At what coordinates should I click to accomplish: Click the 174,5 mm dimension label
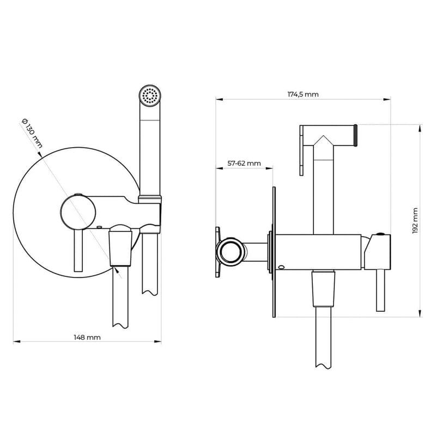pos(303,94)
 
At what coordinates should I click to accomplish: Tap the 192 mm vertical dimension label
pos(415,221)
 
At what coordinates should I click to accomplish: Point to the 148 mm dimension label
pos(87,337)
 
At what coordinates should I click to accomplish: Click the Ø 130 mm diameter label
pos(32,134)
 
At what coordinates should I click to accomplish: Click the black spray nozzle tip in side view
pos(355,136)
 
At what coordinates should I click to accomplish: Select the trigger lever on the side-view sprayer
pos(302,150)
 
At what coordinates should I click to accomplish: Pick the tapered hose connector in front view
pos(121,248)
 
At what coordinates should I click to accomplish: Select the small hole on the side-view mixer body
pos(281,267)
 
